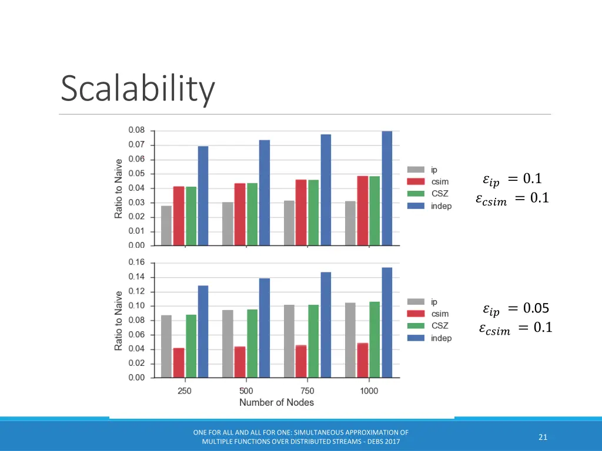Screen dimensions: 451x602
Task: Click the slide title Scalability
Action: [x=138, y=89]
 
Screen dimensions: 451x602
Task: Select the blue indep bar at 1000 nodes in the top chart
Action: [x=387, y=188]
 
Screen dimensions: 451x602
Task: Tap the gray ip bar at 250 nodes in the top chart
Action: [x=166, y=225]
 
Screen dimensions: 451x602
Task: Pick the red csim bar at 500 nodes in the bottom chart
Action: [x=240, y=362]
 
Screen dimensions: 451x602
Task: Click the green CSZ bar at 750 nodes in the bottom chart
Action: [x=313, y=341]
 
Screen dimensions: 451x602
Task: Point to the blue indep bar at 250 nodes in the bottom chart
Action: [x=203, y=331]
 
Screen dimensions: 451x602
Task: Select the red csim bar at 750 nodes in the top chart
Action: [x=301, y=213]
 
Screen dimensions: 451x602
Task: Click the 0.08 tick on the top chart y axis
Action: [x=136, y=130]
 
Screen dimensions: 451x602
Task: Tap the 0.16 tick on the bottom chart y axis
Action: [x=136, y=262]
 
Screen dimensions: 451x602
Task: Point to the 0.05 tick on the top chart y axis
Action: [x=136, y=174]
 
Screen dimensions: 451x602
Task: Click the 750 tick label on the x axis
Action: [x=307, y=391]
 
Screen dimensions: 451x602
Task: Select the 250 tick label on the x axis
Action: [x=185, y=391]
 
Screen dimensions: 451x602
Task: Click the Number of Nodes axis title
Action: [x=276, y=402]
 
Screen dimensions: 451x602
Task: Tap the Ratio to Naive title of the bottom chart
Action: [x=119, y=321]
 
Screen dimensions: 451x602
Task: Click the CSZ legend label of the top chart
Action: [x=440, y=194]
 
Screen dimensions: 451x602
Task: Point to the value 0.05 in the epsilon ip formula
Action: [x=536, y=308]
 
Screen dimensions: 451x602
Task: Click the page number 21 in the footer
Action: [x=543, y=436]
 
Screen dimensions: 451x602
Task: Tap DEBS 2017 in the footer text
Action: [x=383, y=441]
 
